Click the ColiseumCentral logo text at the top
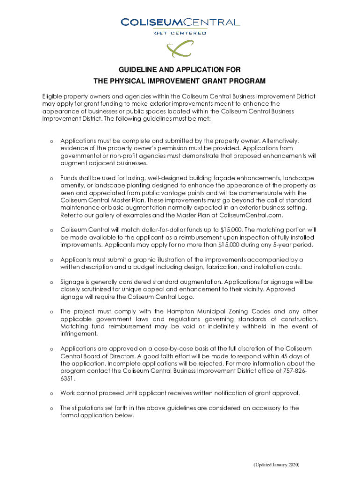[x=180, y=22]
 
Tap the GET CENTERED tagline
[x=180, y=33]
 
